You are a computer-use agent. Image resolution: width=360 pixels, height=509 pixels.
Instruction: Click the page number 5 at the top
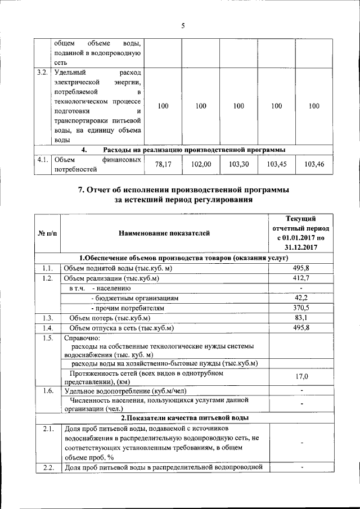[183, 25]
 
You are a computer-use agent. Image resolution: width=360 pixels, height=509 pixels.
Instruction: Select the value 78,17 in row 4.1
[163, 164]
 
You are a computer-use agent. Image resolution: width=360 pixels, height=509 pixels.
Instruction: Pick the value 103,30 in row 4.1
[238, 164]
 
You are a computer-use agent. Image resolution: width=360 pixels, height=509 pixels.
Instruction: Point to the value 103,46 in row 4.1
[314, 164]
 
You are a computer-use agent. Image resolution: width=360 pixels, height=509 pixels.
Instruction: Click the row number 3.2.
[42, 73]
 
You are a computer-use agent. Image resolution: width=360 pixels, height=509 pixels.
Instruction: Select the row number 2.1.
[48, 429]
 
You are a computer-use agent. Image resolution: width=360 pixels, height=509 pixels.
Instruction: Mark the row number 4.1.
[42, 160]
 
